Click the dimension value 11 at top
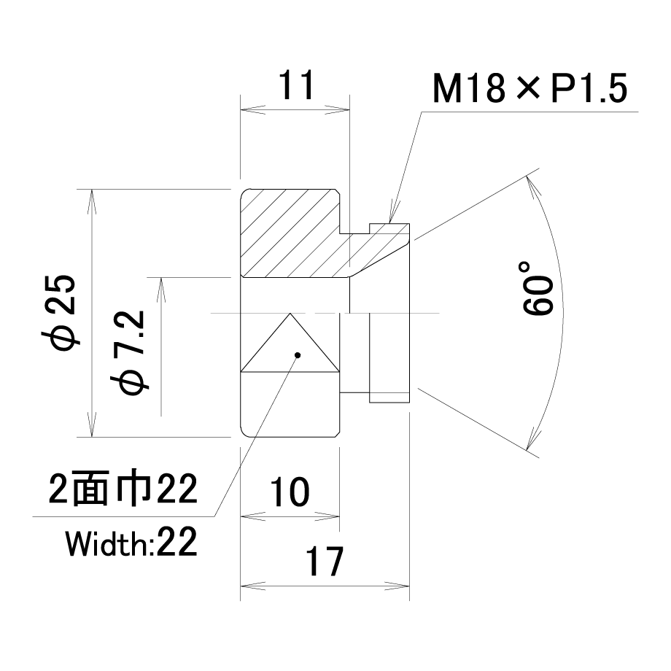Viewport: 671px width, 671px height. tap(297, 85)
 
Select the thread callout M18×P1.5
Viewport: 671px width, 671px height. tap(530, 88)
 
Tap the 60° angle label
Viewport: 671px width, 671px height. tap(538, 288)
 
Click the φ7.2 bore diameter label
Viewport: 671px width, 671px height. tap(129, 352)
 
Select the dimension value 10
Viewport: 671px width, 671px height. tap(290, 492)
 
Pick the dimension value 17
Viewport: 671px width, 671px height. tap(324, 561)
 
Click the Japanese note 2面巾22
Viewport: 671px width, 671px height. tap(123, 489)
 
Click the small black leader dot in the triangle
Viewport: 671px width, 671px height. tap(298, 354)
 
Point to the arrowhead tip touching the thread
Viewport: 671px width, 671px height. tap(390, 223)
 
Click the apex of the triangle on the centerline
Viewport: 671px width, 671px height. tap(290, 313)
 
